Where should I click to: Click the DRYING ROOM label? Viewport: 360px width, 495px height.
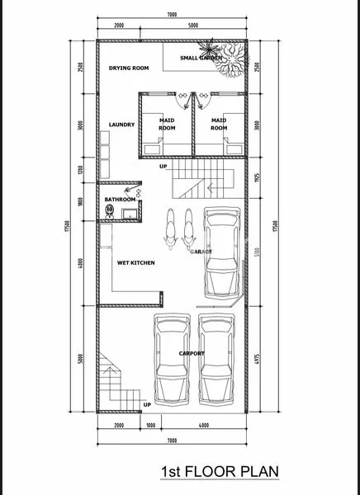(129, 68)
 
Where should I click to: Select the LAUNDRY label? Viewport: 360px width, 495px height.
(121, 125)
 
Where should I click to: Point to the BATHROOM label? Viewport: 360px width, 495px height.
(120, 200)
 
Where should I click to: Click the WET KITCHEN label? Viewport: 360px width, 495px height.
(135, 262)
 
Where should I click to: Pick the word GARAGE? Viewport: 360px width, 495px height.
(202, 251)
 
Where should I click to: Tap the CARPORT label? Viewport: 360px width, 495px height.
(192, 353)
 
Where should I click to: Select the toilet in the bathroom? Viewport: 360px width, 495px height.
(109, 211)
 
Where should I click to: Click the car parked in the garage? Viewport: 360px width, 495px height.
(220, 252)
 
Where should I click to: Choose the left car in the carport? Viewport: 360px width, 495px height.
(170, 358)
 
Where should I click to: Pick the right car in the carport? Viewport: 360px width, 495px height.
(216, 358)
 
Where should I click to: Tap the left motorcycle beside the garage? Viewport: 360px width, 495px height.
(171, 229)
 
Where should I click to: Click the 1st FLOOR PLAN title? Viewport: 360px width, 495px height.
(220, 472)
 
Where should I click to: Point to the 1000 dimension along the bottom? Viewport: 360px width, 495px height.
(149, 425)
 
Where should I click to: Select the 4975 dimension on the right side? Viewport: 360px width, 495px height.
(258, 358)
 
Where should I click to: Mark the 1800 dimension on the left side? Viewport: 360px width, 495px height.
(80, 203)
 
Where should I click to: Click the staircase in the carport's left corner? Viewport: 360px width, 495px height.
(114, 379)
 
